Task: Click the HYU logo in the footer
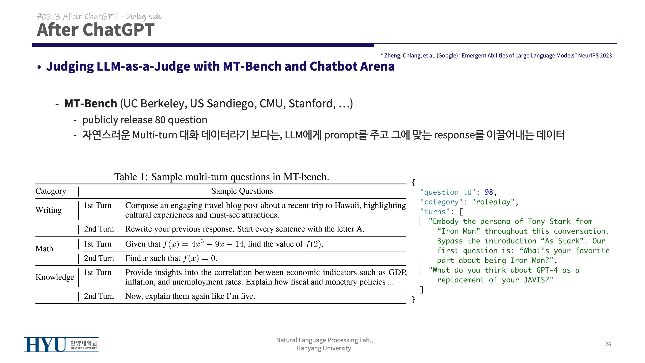tap(61, 345)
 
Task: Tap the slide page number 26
tap(608, 344)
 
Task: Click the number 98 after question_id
tap(489, 192)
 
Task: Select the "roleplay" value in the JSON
tap(493, 202)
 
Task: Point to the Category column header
tap(51, 191)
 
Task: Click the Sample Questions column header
tap(242, 191)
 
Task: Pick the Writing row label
tap(48, 210)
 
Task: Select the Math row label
tap(44, 249)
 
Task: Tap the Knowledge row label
tap(55, 277)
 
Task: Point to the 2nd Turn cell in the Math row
tap(99, 258)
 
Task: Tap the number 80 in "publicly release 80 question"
tap(160, 120)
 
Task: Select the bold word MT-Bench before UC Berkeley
tap(91, 104)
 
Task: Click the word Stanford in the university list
tap(312, 104)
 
